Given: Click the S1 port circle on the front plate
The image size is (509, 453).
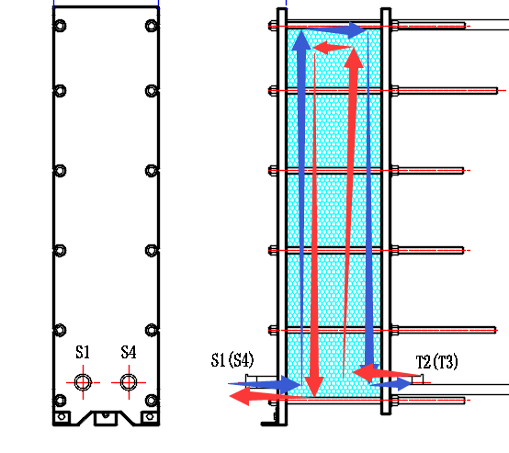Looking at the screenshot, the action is [x=83, y=382].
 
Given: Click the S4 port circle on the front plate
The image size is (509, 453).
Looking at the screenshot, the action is [x=129, y=382].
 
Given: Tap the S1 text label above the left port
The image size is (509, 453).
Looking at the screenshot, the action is [x=83, y=352].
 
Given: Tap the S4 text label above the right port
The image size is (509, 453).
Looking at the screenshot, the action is [x=129, y=352].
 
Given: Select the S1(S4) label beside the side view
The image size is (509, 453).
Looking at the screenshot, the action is [x=232, y=360].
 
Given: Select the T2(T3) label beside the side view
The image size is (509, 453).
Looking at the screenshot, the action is [x=437, y=362].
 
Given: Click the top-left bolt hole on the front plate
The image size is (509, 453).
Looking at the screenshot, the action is [x=60, y=26].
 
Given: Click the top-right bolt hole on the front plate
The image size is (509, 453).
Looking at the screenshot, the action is [x=152, y=26].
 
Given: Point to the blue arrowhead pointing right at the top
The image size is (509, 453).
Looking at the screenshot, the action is [x=357, y=30].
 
